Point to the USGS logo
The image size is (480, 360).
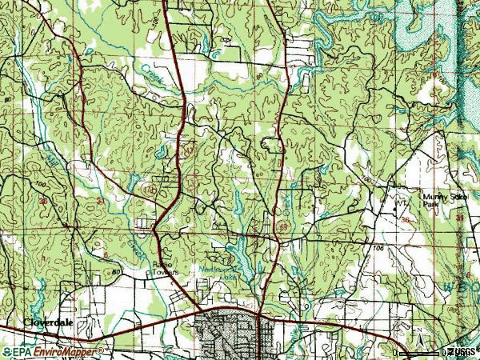(x=462, y=351)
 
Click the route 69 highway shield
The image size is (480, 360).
(x=284, y=227)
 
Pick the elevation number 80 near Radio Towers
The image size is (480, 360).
(x=118, y=272)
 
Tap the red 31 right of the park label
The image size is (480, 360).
(x=460, y=218)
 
